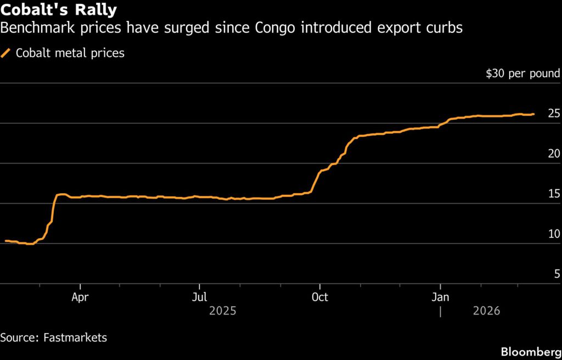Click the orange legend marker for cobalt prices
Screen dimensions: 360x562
6,53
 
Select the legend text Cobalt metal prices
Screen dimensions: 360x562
70,53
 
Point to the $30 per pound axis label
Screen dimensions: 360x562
522,74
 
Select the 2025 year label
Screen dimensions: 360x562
222,311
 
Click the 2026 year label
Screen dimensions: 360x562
486,311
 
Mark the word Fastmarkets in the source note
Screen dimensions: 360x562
75,337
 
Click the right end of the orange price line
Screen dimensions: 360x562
533,114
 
